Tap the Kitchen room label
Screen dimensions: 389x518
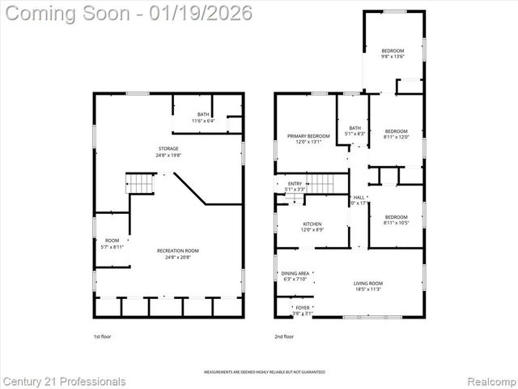(312, 226)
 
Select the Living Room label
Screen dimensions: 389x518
(367, 285)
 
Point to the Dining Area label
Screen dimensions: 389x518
(295, 276)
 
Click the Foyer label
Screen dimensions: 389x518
(303, 310)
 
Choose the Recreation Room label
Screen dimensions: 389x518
(178, 254)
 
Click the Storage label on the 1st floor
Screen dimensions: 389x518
(168, 152)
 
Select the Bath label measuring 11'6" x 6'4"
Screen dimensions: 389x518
(203, 118)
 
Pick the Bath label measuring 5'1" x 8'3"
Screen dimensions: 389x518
(355, 130)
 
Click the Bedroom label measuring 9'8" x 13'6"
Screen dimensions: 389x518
(393, 53)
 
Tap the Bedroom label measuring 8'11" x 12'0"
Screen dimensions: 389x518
(396, 134)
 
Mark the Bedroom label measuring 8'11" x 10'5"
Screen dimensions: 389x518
(396, 220)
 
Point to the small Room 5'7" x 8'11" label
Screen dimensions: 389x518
(112, 243)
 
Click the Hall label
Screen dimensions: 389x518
(359, 200)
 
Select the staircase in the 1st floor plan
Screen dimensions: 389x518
(141, 184)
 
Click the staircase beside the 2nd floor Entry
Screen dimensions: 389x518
(323, 184)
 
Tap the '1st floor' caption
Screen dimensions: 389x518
(103, 336)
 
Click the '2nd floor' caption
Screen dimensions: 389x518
(284, 336)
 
